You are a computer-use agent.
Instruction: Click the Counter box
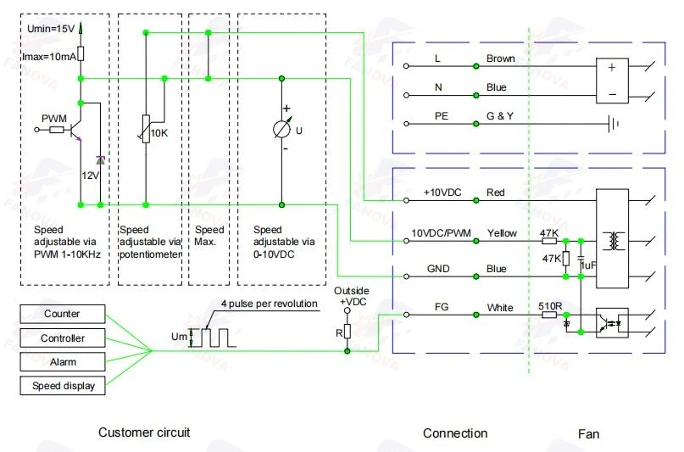(x=63, y=314)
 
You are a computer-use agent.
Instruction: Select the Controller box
(x=63, y=338)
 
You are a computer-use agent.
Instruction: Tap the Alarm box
(x=63, y=362)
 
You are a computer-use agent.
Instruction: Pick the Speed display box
(x=63, y=386)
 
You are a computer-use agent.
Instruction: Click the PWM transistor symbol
(x=76, y=130)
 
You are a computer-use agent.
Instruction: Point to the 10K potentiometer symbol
(x=146, y=129)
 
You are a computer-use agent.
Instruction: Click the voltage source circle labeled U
(x=281, y=129)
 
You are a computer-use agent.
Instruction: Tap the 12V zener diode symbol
(x=100, y=160)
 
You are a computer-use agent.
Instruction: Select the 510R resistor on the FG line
(x=548, y=315)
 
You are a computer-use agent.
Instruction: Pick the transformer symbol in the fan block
(x=613, y=241)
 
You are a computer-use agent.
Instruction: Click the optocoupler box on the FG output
(x=612, y=323)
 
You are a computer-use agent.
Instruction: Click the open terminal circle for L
(x=406, y=66)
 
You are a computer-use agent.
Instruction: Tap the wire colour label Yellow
(x=502, y=233)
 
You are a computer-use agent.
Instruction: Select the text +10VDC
(x=442, y=193)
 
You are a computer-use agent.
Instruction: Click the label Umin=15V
(x=51, y=29)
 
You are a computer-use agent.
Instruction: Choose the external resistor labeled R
(x=348, y=332)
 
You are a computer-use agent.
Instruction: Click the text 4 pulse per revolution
(x=270, y=304)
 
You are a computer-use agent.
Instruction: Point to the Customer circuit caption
(x=144, y=432)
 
